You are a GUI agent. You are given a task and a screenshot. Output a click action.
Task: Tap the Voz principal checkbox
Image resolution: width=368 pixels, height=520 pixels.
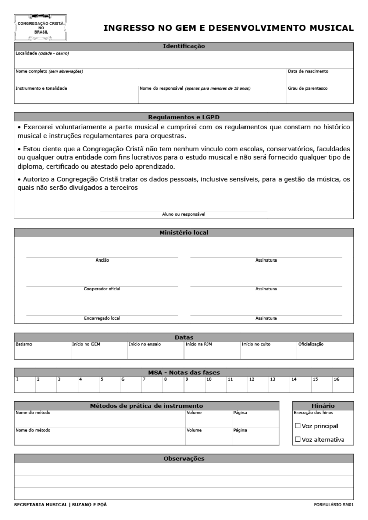point(298,426)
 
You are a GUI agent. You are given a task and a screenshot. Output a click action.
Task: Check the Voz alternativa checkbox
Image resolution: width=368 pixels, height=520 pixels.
point(298,439)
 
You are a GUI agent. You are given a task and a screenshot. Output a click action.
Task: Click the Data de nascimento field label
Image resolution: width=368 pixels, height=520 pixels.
point(308,71)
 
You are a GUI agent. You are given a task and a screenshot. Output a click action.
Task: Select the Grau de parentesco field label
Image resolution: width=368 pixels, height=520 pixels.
point(308,88)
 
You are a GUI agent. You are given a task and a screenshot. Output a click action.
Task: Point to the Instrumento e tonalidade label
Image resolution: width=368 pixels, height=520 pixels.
point(41,88)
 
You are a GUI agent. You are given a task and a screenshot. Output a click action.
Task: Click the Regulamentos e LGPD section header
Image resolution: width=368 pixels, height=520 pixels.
point(183,116)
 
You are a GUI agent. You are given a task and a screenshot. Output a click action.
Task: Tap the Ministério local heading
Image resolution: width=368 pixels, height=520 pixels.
point(183,233)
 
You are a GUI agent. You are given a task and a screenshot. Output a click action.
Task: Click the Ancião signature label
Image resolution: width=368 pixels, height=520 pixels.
point(102,261)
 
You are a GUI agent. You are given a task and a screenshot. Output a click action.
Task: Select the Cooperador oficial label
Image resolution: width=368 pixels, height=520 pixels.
point(102,289)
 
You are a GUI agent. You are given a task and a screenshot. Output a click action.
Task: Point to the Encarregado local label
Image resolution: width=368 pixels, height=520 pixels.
point(102,319)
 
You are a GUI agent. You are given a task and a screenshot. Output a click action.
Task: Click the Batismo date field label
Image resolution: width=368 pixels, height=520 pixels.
point(24,344)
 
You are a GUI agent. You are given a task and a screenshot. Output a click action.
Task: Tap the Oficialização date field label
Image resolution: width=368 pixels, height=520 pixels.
point(311,344)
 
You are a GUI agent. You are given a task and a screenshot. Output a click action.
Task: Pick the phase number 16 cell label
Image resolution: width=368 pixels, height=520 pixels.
point(336,379)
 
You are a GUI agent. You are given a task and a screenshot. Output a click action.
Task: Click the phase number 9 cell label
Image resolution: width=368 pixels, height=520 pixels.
point(187,379)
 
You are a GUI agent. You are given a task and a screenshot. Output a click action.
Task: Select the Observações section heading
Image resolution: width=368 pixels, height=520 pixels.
point(183,459)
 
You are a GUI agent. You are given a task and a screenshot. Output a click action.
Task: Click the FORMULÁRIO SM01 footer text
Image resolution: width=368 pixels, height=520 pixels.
point(334,505)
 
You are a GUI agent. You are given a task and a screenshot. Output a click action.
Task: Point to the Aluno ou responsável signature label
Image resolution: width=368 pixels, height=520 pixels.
point(183,214)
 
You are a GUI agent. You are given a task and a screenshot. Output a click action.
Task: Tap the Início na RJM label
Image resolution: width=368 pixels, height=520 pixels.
point(197,344)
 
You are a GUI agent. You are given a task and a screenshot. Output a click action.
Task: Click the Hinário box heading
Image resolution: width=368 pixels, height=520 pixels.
point(323,406)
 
